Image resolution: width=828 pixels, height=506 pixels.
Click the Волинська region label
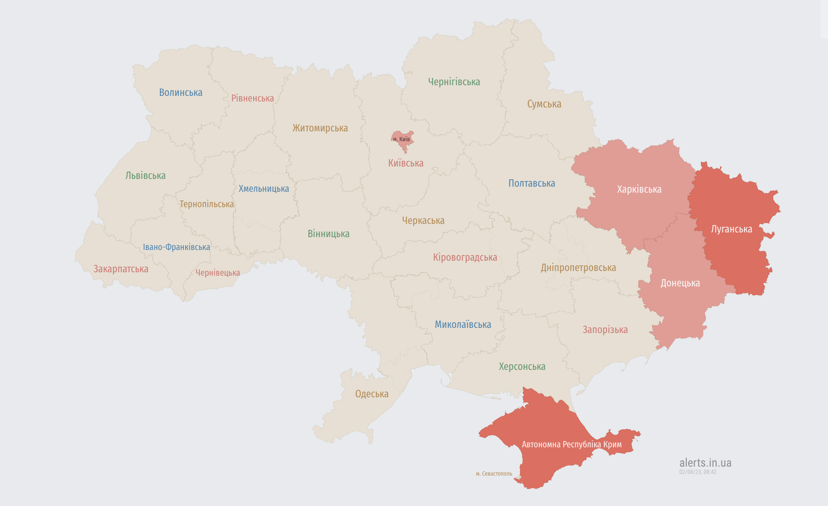click(x=180, y=92)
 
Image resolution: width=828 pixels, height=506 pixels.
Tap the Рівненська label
click(x=252, y=98)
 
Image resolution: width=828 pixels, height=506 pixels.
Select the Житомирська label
click(x=320, y=128)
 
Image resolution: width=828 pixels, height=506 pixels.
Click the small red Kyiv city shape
click(x=402, y=140)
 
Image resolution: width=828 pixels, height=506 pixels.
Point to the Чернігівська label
click(x=454, y=82)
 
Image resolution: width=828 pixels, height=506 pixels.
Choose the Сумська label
click(x=544, y=104)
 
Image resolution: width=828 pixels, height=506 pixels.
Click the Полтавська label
click(x=532, y=183)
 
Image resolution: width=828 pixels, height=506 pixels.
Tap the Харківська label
click(x=639, y=189)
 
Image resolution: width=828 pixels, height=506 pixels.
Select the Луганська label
click(x=731, y=229)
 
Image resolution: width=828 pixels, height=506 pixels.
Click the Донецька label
click(x=680, y=283)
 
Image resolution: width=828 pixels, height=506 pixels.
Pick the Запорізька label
click(x=605, y=330)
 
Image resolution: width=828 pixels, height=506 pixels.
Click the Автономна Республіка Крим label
click(x=571, y=444)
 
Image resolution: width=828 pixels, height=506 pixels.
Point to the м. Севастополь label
click(x=494, y=473)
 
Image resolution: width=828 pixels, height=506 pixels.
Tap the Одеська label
click(x=372, y=394)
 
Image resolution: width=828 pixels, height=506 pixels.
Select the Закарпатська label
click(x=121, y=269)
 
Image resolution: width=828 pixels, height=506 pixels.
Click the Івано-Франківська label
click(x=176, y=247)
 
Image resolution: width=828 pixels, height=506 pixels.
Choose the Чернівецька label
click(x=218, y=273)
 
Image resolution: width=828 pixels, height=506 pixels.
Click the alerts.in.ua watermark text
click(x=705, y=463)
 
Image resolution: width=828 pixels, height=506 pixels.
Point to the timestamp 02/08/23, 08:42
click(x=698, y=472)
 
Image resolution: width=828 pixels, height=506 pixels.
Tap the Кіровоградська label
click(x=465, y=257)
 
